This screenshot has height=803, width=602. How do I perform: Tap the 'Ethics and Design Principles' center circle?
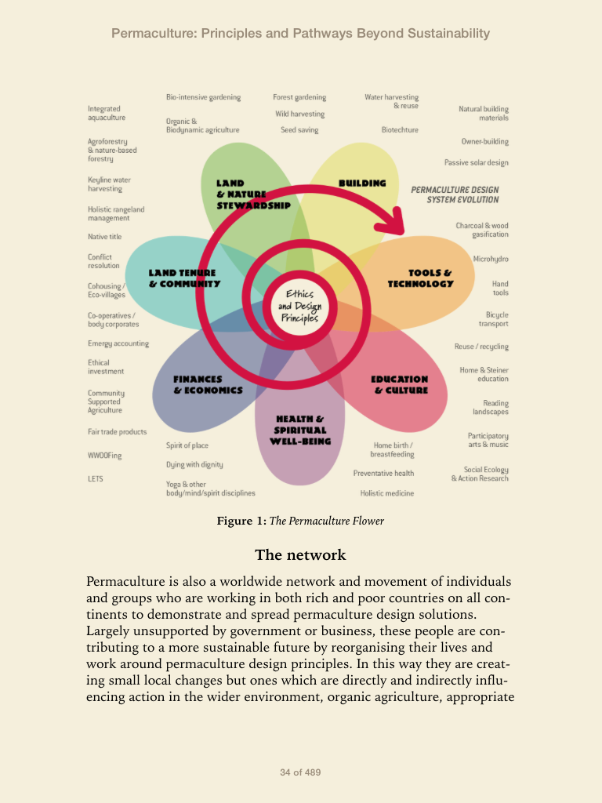[x=299, y=307]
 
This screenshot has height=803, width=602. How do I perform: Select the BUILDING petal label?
[x=362, y=183]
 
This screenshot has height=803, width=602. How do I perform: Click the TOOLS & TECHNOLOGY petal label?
[x=421, y=278]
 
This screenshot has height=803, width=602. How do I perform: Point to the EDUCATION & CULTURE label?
[x=400, y=384]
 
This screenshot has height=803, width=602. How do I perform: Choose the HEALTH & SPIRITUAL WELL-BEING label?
[x=300, y=431]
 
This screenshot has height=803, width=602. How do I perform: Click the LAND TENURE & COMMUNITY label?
[x=184, y=278]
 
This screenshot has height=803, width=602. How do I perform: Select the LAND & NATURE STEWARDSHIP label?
[x=253, y=194]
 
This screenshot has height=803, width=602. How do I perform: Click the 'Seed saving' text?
[x=299, y=130]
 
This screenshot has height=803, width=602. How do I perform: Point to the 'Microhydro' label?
[x=491, y=259]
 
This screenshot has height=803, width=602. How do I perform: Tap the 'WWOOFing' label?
[x=104, y=456]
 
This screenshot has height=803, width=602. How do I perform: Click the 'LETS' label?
[x=95, y=479]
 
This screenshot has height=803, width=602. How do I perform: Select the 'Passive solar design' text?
[x=477, y=163]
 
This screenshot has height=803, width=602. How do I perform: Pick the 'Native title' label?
[x=104, y=237]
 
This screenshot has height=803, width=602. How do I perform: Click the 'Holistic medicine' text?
[x=387, y=493]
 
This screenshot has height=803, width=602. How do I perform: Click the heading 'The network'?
[x=300, y=554]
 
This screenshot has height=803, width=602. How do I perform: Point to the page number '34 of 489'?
[x=300, y=772]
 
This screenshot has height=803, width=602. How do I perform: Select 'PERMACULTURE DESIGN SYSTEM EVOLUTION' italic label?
[x=455, y=194]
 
